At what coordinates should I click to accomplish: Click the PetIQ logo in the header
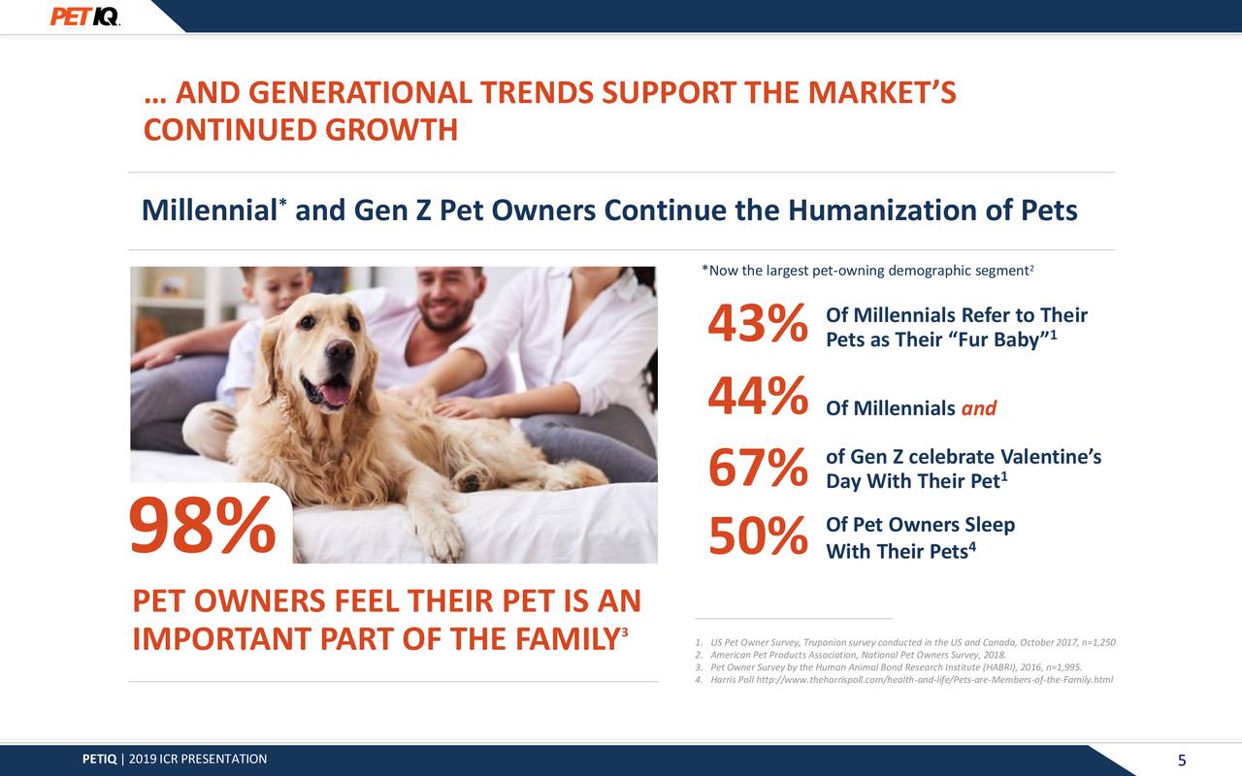pos(85,16)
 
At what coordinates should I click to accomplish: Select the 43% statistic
pos(757,325)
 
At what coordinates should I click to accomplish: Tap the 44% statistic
pos(757,398)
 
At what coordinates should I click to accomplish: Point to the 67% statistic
pos(757,469)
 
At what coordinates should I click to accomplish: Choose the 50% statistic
pos(757,538)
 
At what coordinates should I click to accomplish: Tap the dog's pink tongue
pos(334,392)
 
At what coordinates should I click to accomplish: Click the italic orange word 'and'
pos(978,408)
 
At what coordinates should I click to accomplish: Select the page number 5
pos(1182,760)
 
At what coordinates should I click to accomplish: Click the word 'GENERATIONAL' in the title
pos(360,93)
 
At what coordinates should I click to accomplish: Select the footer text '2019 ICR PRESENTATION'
pos(198,759)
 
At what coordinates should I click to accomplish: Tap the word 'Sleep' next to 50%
pos(989,525)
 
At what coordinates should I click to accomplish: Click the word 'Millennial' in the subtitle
pos(209,210)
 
